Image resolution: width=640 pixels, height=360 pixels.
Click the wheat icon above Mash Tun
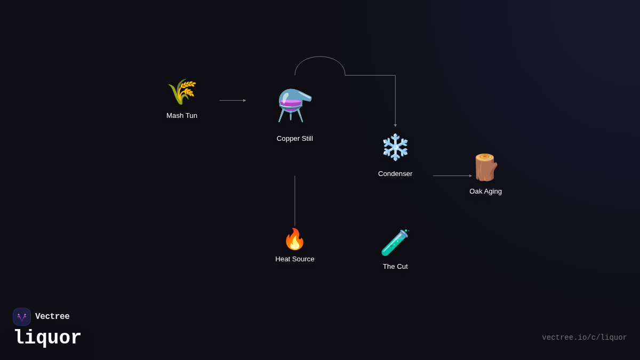click(x=182, y=92)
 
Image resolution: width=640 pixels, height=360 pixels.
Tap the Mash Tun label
click(x=182, y=116)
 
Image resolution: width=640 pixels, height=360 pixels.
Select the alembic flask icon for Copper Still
click(x=294, y=105)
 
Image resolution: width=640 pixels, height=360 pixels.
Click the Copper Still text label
click(x=295, y=139)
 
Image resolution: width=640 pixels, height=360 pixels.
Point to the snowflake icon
click(x=395, y=147)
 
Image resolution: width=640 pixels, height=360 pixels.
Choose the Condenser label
click(x=395, y=174)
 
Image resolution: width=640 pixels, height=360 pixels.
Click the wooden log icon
click(x=485, y=167)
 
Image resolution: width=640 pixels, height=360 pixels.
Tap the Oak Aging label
click(x=485, y=191)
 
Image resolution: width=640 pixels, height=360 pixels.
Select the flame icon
click(x=294, y=239)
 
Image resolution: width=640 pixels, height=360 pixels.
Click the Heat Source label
click(x=295, y=259)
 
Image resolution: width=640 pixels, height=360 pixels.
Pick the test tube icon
click(x=395, y=243)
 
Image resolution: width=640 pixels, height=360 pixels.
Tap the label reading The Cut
click(x=395, y=267)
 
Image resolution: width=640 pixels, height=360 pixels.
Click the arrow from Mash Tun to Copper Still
click(x=233, y=100)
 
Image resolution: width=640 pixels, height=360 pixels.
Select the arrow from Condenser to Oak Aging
click(x=452, y=175)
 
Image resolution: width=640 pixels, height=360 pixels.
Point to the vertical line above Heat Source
click(x=295, y=201)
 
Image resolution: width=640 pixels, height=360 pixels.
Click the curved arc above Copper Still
click(x=320, y=57)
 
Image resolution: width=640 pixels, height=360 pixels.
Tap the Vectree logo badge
click(x=22, y=317)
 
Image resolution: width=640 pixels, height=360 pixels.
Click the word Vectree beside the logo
click(x=52, y=317)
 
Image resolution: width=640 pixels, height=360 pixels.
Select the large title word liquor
click(x=47, y=338)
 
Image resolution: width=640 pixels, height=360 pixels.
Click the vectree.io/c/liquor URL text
click(x=584, y=338)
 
